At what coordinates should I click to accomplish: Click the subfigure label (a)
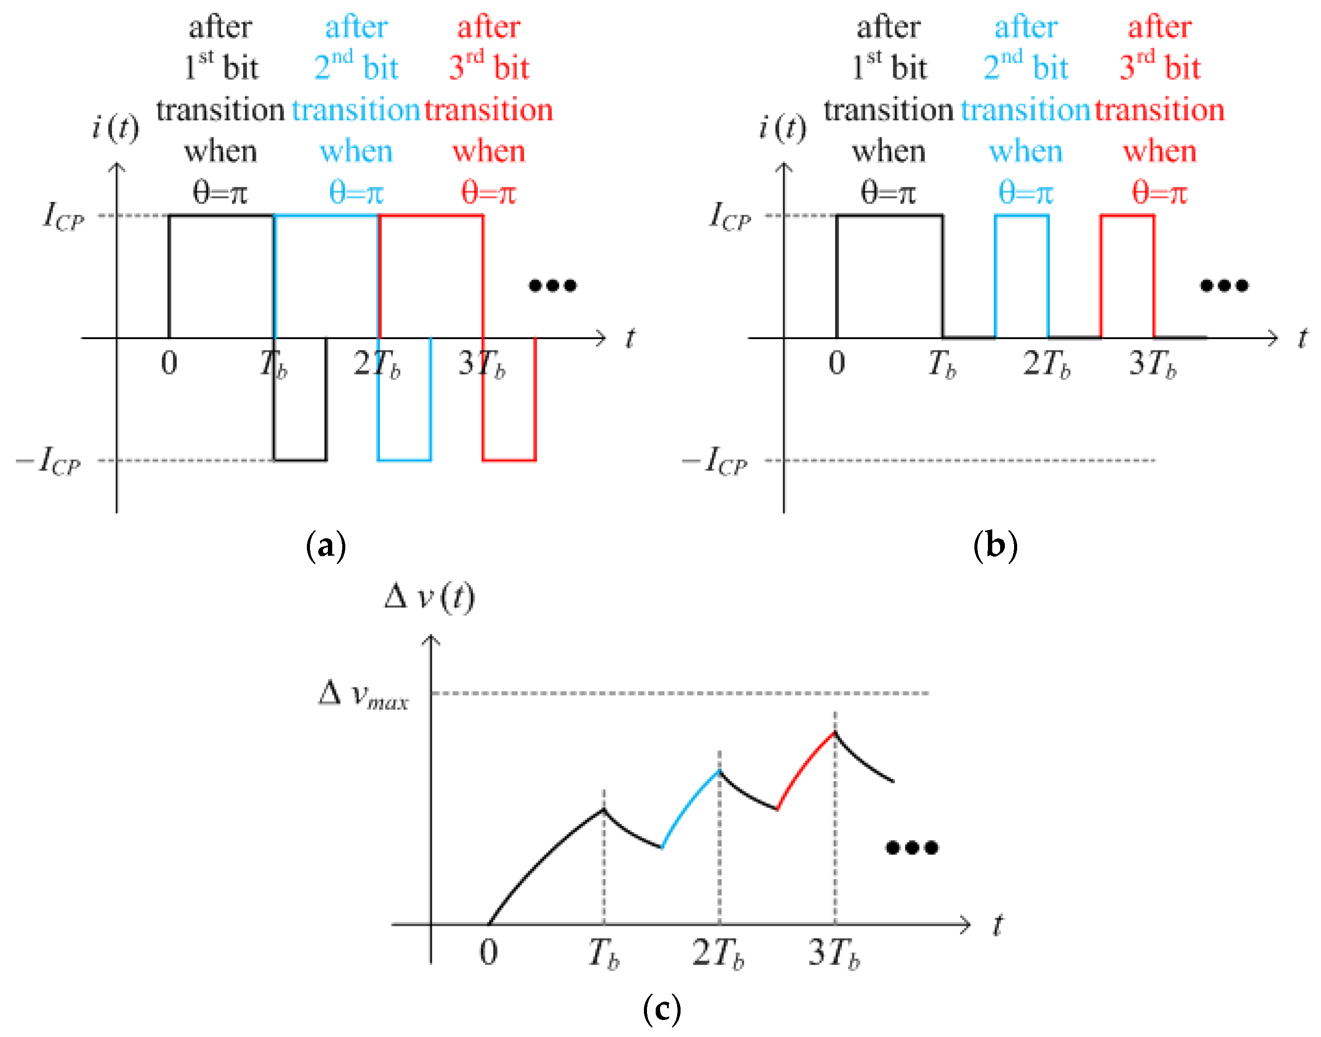click(x=326, y=545)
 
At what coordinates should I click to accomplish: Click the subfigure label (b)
click(x=995, y=545)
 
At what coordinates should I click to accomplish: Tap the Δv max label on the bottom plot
click(x=364, y=695)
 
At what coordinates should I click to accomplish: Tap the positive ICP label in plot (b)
click(x=730, y=217)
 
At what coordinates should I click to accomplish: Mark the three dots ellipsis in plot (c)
click(x=912, y=847)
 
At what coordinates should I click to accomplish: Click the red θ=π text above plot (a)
click(x=489, y=193)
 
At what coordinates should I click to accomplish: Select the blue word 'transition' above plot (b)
click(x=1025, y=111)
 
